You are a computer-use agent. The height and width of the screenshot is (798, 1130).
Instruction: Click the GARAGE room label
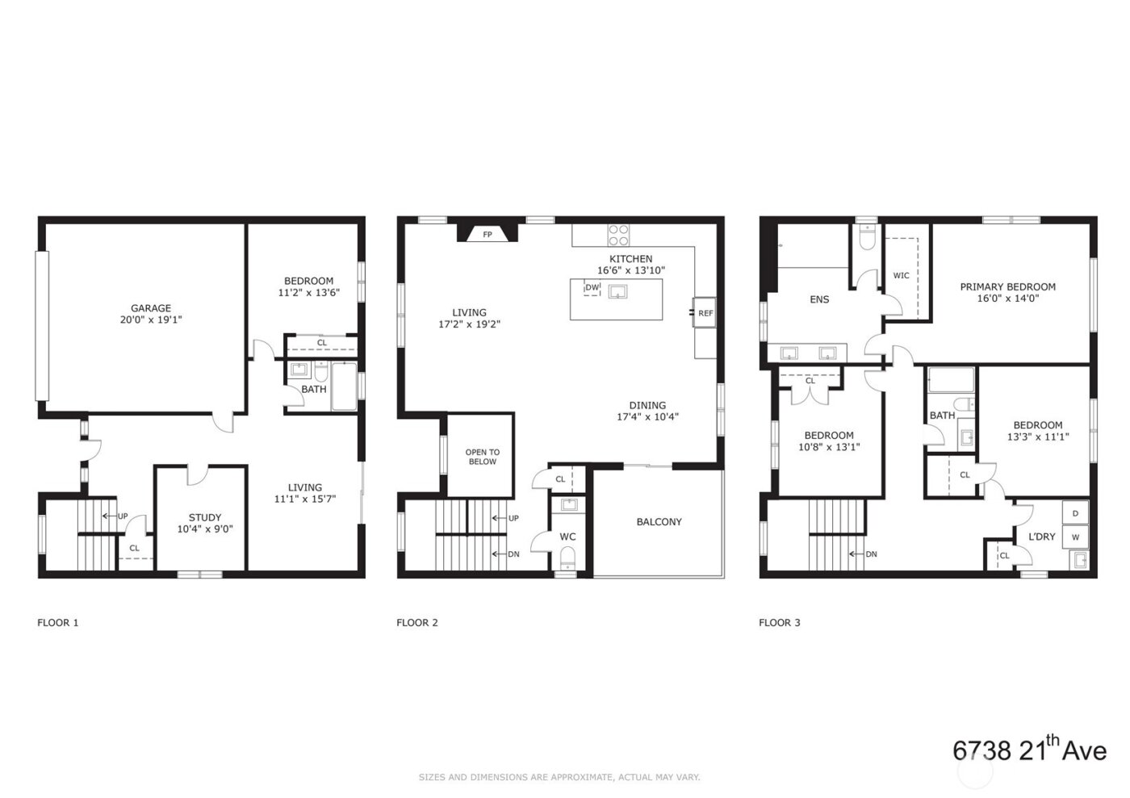(151, 308)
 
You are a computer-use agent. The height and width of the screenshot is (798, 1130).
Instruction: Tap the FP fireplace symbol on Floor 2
(488, 235)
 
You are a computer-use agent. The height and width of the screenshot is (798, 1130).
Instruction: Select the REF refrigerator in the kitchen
(705, 313)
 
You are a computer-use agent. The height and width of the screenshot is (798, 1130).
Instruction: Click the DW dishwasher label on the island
(592, 288)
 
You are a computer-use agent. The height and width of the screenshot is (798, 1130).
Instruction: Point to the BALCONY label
(659, 522)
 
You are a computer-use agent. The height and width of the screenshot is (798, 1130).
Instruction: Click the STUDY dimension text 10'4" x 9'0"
(204, 529)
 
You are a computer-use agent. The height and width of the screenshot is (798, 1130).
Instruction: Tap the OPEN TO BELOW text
(482, 457)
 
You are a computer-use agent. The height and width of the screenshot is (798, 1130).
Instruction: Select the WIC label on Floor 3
(901, 276)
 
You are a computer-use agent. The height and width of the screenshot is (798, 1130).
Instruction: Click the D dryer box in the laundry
(1075, 513)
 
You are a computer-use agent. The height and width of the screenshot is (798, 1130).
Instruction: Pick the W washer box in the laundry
(1075, 536)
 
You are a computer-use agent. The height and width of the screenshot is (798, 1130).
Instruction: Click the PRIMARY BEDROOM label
(1007, 286)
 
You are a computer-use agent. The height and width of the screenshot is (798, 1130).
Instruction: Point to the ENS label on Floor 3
(819, 299)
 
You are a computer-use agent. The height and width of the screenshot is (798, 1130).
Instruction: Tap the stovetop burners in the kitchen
(618, 235)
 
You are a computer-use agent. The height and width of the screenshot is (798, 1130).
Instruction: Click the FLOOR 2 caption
(417, 623)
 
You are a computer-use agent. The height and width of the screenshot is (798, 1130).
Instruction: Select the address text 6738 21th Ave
(1029, 749)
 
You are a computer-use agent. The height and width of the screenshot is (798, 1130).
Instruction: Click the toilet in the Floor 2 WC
(567, 556)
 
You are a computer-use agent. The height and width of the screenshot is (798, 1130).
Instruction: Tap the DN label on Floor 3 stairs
(871, 554)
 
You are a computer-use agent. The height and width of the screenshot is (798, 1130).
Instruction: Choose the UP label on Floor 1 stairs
(123, 516)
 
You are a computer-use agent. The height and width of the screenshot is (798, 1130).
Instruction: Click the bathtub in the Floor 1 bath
(344, 386)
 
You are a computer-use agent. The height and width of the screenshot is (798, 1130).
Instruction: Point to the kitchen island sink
(618, 291)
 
